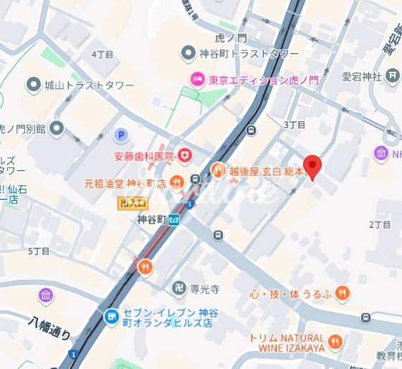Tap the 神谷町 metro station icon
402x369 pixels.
click(174, 220)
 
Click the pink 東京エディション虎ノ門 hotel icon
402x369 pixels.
click(196, 80)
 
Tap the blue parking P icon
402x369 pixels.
click(122, 134)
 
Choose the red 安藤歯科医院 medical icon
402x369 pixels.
click(185, 155)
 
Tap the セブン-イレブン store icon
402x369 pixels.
click(111, 316)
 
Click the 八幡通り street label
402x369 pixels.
click(51, 328)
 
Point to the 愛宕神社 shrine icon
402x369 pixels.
click(393, 74)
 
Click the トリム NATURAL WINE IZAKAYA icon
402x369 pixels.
click(335, 340)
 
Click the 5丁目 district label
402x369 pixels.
click(39, 251)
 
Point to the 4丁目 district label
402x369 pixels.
click(102, 55)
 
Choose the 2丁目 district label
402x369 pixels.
click(378, 224)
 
